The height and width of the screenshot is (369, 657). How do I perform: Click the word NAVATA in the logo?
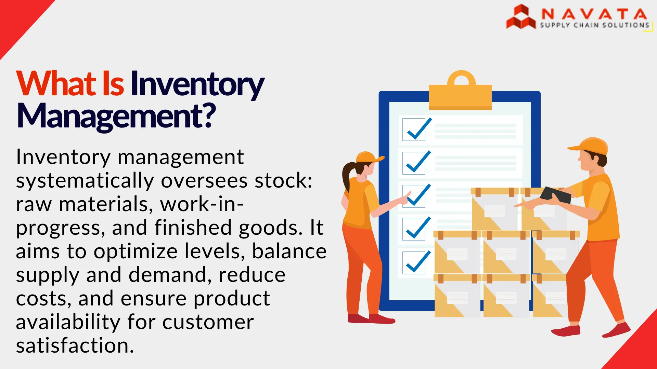coord(594,14)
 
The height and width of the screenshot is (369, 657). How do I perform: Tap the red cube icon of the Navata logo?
coord(520,17)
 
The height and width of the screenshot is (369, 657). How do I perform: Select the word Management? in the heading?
coord(116,116)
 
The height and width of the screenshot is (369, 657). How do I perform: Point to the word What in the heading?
coord(56,83)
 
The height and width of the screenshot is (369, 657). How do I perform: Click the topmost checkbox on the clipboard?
coord(414,129)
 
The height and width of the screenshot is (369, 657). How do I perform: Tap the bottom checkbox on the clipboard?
coord(414,263)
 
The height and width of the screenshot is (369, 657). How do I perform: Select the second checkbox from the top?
coord(414,163)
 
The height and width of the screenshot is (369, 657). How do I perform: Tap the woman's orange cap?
coord(368,157)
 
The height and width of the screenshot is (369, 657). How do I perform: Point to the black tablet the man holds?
coord(555,195)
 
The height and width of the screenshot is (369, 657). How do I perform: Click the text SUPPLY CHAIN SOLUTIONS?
coord(594,25)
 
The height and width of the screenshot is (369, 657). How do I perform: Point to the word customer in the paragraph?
coord(208,322)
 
